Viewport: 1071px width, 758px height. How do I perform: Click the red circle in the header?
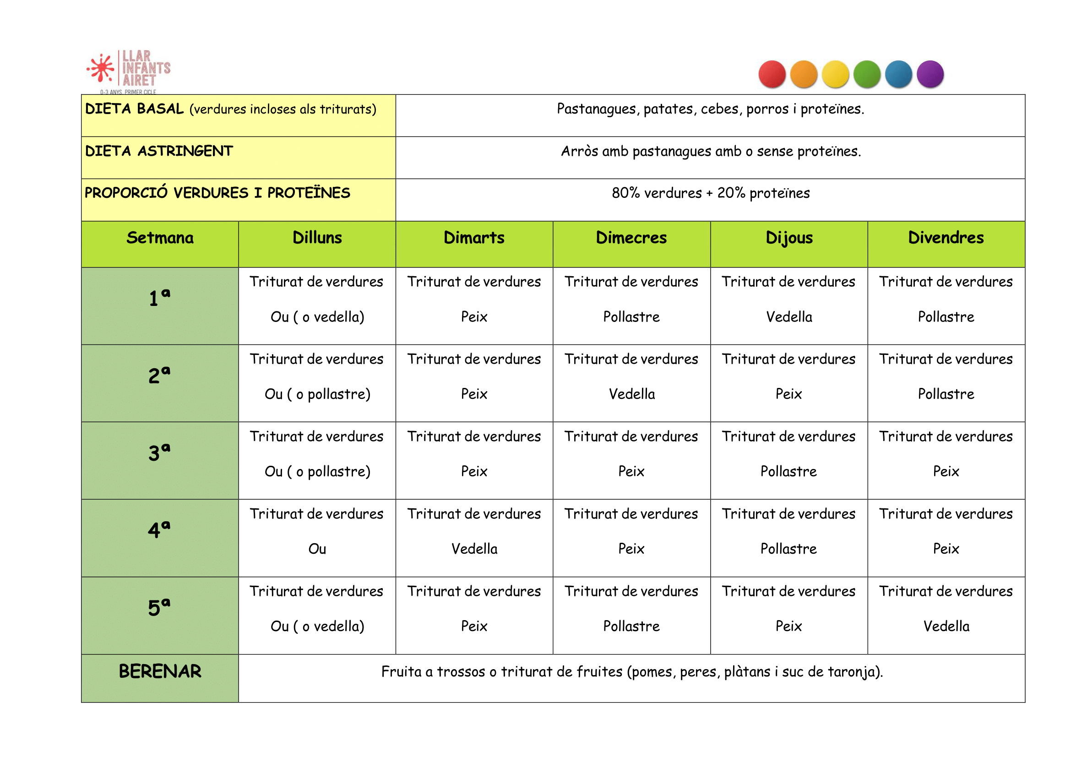[772, 74]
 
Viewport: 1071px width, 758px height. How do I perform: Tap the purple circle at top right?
[930, 74]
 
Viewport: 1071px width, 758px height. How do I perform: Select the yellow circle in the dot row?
[835, 74]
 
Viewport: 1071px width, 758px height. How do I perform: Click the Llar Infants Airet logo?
[129, 71]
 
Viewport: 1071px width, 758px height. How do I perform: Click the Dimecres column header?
[631, 238]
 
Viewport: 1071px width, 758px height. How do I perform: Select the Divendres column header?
[946, 238]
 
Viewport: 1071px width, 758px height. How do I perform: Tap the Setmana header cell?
[160, 238]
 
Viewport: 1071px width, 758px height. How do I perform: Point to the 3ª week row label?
[159, 452]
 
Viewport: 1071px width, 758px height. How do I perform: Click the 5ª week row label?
[159, 607]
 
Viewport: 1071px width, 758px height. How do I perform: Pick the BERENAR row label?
[160, 671]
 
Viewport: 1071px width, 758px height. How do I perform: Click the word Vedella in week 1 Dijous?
[788, 317]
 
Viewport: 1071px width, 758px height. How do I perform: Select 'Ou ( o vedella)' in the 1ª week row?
[317, 317]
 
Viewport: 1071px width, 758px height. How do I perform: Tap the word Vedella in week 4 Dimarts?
[474, 548]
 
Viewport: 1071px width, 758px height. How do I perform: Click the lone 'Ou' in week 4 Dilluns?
[317, 548]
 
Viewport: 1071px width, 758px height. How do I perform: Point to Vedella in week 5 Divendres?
[946, 626]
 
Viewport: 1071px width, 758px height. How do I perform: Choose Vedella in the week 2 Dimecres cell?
[631, 394]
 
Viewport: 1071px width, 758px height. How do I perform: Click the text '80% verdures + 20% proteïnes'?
[710, 193]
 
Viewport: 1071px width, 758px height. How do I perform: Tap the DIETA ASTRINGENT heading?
[159, 151]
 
